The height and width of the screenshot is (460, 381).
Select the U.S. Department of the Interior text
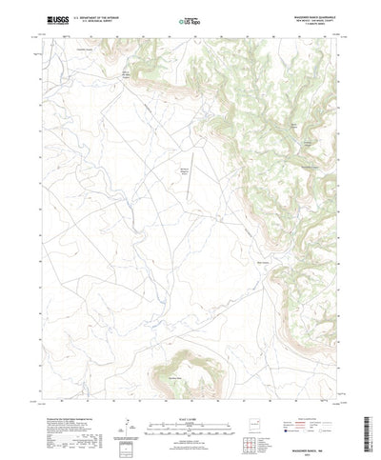(98, 16)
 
